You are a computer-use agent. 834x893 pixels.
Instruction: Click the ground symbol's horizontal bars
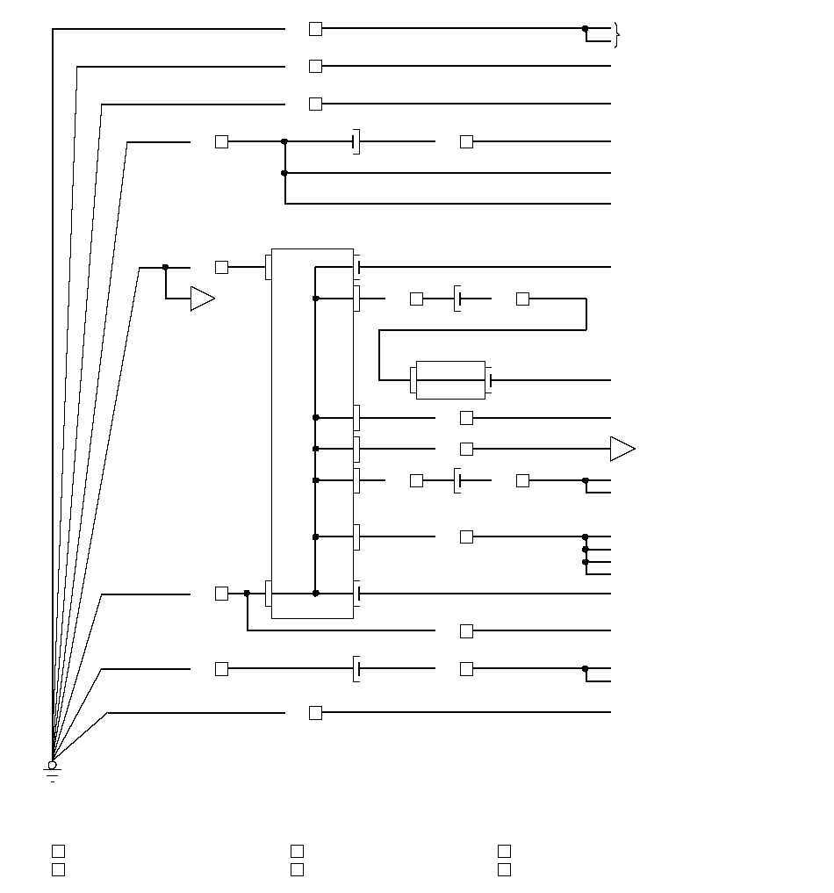click(x=52, y=775)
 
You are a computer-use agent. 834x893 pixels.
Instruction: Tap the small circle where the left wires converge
click(x=52, y=765)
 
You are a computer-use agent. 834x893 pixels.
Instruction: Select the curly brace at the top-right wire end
click(x=617, y=35)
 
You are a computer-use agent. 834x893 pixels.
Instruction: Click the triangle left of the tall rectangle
click(x=202, y=299)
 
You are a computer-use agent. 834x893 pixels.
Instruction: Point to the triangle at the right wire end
click(x=622, y=449)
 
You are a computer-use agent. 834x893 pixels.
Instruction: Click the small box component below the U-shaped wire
click(x=450, y=380)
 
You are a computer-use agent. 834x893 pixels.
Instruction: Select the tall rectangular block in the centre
click(x=313, y=433)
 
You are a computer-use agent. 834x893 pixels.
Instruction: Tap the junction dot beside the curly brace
click(x=586, y=29)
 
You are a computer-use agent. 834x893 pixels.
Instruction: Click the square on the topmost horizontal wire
click(x=315, y=29)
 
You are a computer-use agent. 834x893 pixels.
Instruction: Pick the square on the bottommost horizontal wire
click(x=315, y=713)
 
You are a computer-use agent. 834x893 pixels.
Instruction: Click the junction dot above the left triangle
click(x=165, y=267)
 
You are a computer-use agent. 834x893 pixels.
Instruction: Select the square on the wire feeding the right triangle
click(x=466, y=449)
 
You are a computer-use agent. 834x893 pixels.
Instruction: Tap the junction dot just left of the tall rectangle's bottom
click(x=247, y=594)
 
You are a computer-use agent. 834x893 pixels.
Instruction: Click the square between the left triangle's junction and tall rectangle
click(x=221, y=267)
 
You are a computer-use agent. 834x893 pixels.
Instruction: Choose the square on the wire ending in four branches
click(x=466, y=537)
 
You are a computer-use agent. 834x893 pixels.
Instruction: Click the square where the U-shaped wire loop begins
click(x=522, y=299)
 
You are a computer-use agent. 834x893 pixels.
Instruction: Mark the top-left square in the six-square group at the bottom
click(x=58, y=851)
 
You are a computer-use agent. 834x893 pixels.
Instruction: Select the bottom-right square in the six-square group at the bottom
click(x=504, y=869)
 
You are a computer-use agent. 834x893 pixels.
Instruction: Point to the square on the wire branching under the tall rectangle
click(x=466, y=630)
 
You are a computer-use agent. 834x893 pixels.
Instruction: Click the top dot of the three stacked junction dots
click(x=586, y=537)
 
